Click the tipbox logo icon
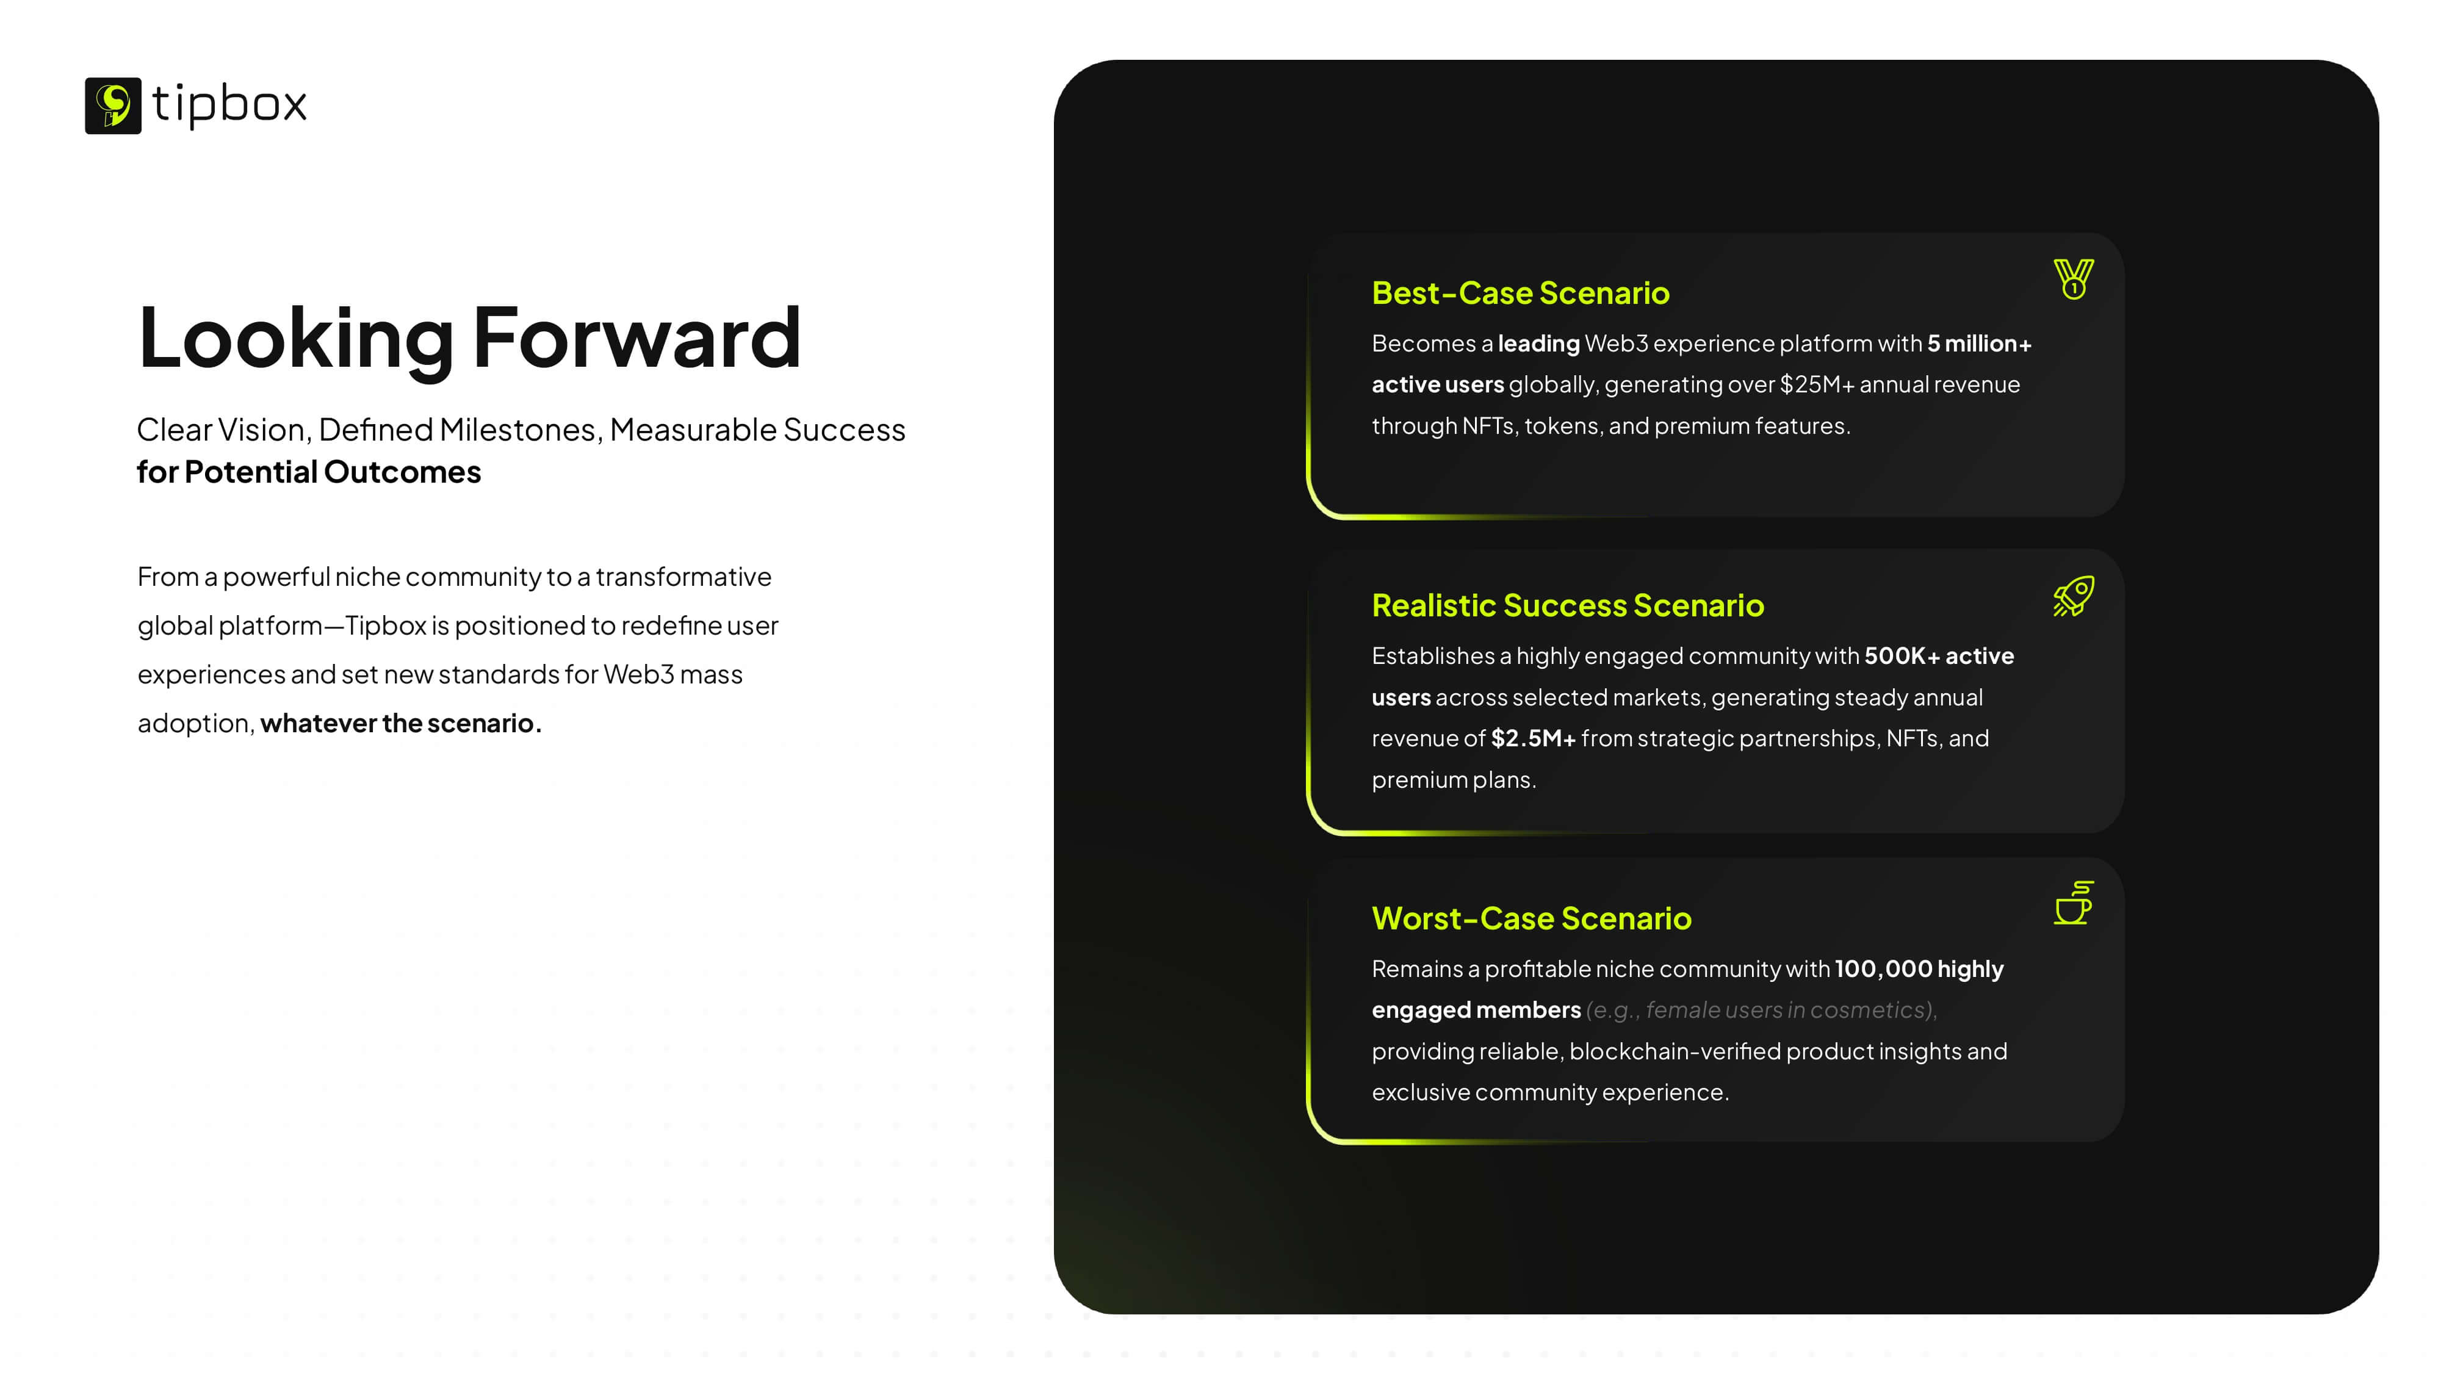point(113,105)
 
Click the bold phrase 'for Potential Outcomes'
point(309,472)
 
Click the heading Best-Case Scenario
point(1520,293)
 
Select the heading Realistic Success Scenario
point(1567,605)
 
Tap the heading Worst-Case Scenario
point(1531,918)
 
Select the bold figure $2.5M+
point(1532,738)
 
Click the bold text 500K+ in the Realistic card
point(1902,656)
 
